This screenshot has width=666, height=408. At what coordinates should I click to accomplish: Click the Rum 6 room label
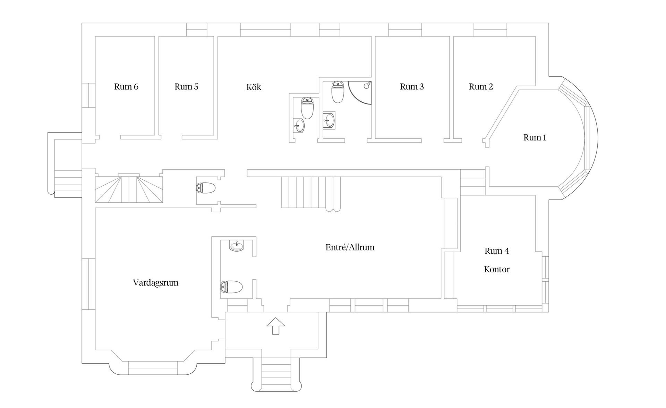click(x=126, y=86)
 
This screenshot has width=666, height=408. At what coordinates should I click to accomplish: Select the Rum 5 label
click(x=186, y=86)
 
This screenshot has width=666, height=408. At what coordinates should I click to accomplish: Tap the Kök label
click(x=254, y=87)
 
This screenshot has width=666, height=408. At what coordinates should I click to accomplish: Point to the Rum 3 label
click(x=412, y=86)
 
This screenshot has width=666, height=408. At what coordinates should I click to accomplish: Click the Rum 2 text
click(x=481, y=86)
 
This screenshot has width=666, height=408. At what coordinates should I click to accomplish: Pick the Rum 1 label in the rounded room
click(x=535, y=137)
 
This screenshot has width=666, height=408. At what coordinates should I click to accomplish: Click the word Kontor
click(x=497, y=269)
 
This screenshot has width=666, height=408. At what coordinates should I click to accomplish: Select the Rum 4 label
click(x=497, y=251)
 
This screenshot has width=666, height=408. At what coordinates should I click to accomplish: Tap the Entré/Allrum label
click(x=350, y=247)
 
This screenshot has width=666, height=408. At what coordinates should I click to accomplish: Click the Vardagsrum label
click(x=155, y=283)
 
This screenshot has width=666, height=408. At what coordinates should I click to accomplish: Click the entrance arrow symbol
click(x=275, y=326)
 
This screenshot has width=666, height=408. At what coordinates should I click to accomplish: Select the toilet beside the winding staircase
click(x=206, y=188)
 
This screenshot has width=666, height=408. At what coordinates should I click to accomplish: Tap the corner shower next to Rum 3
click(x=360, y=92)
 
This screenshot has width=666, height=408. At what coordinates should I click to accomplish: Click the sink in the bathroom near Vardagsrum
click(x=237, y=246)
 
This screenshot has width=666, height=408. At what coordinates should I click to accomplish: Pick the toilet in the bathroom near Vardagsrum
click(x=231, y=287)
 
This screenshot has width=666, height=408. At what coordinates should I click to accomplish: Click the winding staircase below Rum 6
click(x=129, y=189)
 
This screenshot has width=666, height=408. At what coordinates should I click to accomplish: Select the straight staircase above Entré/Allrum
click(x=311, y=192)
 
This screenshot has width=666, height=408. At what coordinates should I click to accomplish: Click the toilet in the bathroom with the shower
click(x=338, y=92)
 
